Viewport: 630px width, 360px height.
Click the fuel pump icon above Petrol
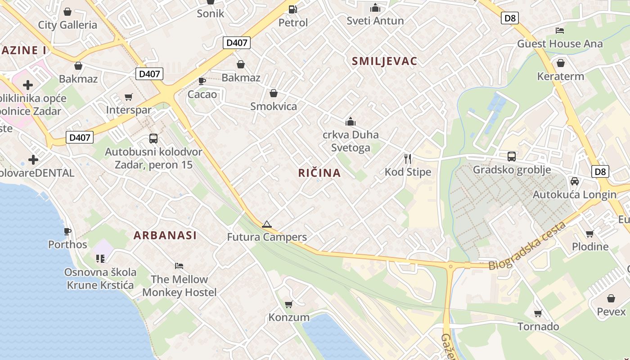[x=293, y=9]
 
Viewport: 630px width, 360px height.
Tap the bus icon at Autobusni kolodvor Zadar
[x=153, y=138]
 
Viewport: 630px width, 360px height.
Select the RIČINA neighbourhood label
[x=319, y=173]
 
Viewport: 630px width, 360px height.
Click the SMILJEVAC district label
[x=384, y=61]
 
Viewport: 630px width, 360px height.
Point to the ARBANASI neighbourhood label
[x=165, y=235]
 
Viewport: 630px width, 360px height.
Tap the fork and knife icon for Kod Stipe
[x=408, y=158]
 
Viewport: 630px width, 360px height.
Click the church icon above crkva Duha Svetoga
[x=351, y=121]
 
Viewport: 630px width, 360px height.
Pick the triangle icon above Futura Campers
[x=267, y=224]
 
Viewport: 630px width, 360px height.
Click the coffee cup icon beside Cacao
[x=202, y=81]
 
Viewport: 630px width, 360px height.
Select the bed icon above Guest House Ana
[x=560, y=31]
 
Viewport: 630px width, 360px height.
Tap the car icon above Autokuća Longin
[x=574, y=181]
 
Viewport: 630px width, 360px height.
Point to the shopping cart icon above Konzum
[x=289, y=304]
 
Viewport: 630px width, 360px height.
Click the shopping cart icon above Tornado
[x=538, y=313]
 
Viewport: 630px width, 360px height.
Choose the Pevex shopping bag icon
[x=611, y=298]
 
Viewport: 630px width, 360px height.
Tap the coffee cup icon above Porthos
[x=67, y=231]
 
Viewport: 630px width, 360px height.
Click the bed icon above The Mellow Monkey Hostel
[x=179, y=266]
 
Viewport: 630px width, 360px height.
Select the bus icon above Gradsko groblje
[x=512, y=157]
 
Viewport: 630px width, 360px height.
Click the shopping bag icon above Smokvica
[x=273, y=93]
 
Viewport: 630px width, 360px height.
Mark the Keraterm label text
[x=560, y=76]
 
